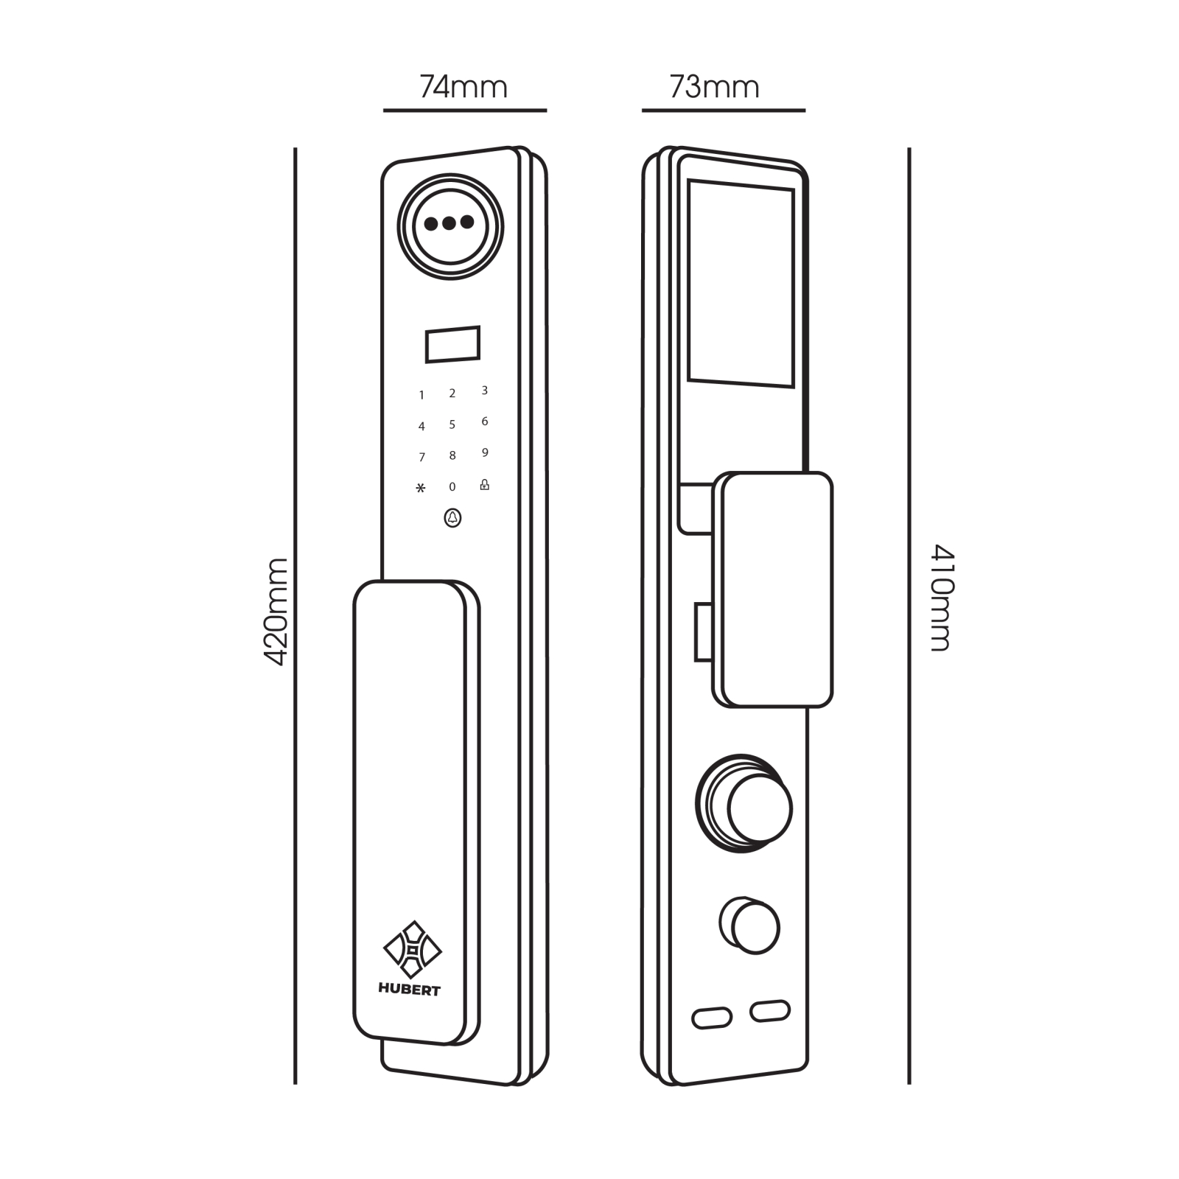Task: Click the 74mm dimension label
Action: [463, 87]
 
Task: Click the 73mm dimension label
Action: [714, 87]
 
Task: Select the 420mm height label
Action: [276, 612]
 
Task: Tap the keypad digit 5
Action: [452, 424]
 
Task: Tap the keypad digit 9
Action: [485, 452]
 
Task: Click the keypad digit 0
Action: [452, 486]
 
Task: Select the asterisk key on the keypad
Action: [421, 488]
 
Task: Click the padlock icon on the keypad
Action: [484, 484]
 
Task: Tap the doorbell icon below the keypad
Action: [452, 518]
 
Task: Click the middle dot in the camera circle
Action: [449, 223]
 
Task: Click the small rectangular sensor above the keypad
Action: [452, 344]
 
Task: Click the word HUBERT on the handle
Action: [409, 990]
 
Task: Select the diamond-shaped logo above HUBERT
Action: [413, 950]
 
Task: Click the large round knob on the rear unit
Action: [744, 804]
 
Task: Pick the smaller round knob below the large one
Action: [749, 926]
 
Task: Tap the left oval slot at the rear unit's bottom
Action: [712, 1018]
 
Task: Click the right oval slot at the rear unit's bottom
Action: [770, 1011]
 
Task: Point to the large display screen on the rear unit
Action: [741, 283]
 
